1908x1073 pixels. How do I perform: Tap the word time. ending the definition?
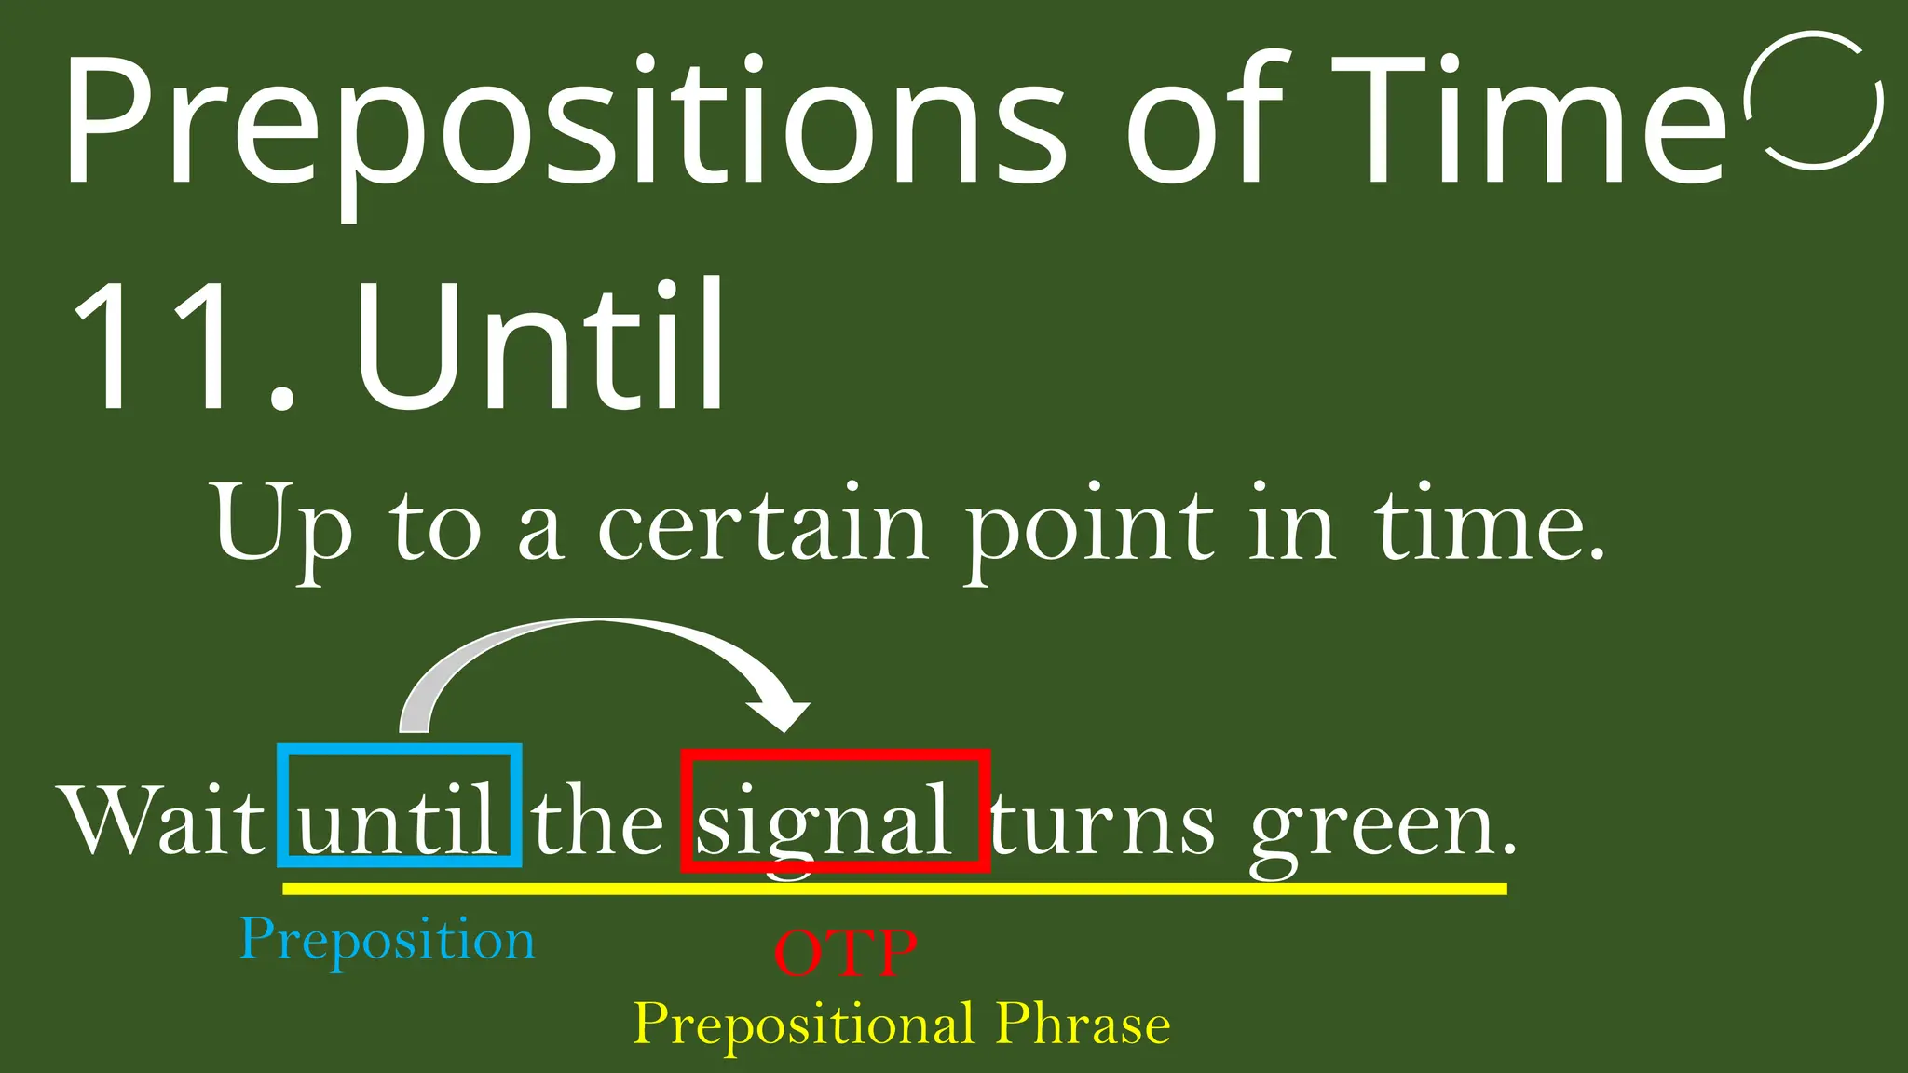click(1491, 526)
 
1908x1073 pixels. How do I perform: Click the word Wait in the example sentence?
click(164, 820)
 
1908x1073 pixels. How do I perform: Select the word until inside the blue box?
click(399, 820)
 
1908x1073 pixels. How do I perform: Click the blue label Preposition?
click(388, 941)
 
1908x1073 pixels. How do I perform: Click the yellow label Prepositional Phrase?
click(902, 1025)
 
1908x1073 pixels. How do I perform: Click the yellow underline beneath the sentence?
click(894, 890)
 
